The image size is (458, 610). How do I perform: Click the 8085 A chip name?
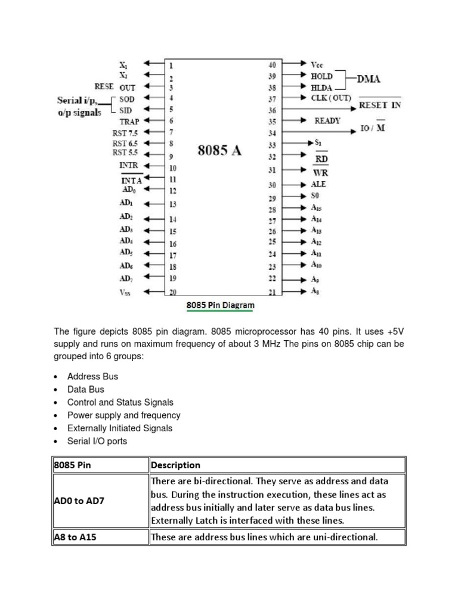click(219, 150)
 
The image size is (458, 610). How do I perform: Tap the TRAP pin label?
click(129, 121)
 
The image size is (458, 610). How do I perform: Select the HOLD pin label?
click(322, 76)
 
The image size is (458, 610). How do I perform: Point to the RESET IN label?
click(380, 105)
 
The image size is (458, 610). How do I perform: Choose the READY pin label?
click(327, 120)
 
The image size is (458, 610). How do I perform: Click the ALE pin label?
click(318, 185)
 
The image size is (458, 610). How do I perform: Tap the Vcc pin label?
click(317, 64)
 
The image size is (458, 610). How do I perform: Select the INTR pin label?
click(128, 164)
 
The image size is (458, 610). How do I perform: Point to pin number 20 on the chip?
click(173, 292)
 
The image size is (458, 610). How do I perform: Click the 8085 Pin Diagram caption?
click(220, 306)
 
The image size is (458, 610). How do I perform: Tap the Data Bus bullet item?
click(86, 390)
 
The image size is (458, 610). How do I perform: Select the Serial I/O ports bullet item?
click(97, 441)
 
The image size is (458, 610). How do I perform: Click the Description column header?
click(175, 465)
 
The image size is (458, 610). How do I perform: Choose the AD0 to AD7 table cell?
click(79, 500)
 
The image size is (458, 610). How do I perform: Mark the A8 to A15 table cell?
click(75, 537)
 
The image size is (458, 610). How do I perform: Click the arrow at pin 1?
click(154, 65)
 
